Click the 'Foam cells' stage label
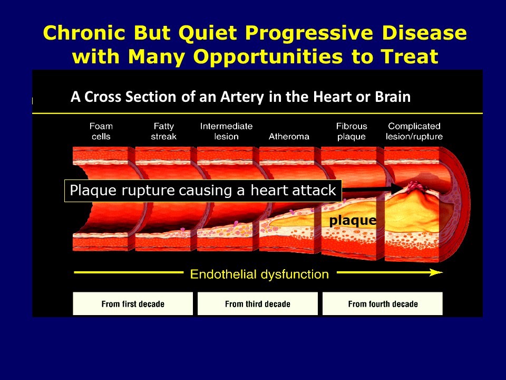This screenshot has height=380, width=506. [x=101, y=131]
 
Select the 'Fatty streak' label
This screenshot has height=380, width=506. [x=163, y=131]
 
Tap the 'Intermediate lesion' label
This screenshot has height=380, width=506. [x=226, y=131]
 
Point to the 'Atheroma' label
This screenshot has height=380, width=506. [x=289, y=136]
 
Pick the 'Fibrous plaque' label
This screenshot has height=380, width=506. [x=352, y=131]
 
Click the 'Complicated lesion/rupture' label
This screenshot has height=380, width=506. [x=414, y=131]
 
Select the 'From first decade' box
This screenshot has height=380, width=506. [x=133, y=304]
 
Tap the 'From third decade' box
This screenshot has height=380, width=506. [x=258, y=304]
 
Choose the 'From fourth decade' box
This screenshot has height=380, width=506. [x=383, y=304]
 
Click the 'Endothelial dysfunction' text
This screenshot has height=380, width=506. [x=259, y=274]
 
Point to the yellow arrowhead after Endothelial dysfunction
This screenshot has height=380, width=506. [x=436, y=273]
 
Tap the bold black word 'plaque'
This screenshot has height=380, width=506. [x=353, y=221]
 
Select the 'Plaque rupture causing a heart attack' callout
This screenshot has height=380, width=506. [x=203, y=191]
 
